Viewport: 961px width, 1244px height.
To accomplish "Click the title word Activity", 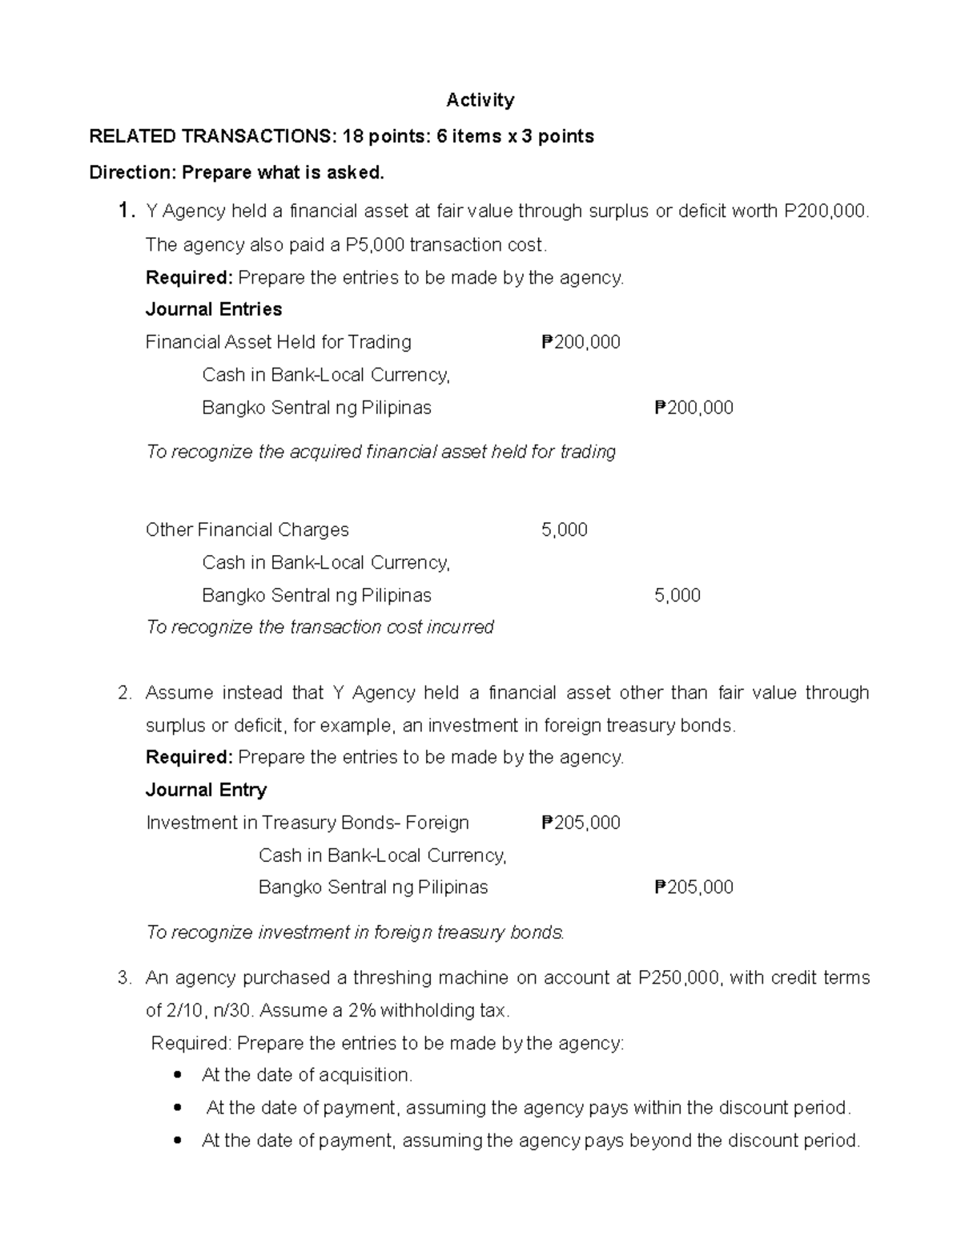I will pos(480,100).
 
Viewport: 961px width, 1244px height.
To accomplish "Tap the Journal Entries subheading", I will pos(213,309).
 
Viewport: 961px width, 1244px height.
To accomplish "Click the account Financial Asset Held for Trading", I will pos(278,342).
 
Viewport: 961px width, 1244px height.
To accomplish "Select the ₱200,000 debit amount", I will pos(581,342).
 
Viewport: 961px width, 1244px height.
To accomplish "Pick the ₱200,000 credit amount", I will pos(694,408).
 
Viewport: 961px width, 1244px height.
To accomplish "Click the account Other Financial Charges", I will pos(247,529).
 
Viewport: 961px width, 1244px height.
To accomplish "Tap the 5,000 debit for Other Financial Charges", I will pos(565,529).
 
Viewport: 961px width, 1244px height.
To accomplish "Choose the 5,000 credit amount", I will pos(678,595).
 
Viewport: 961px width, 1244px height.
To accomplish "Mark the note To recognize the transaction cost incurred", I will pos(320,626).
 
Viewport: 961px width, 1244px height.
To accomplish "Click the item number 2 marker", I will pos(123,693).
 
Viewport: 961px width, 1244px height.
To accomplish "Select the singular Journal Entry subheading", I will pos(206,790).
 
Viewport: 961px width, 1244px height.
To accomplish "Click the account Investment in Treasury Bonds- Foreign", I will pos(307,823).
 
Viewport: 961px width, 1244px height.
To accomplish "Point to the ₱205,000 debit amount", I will pos(581,823).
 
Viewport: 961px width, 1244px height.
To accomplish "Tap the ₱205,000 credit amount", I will pos(694,887).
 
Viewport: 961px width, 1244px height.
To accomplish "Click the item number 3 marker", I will pos(123,978).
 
